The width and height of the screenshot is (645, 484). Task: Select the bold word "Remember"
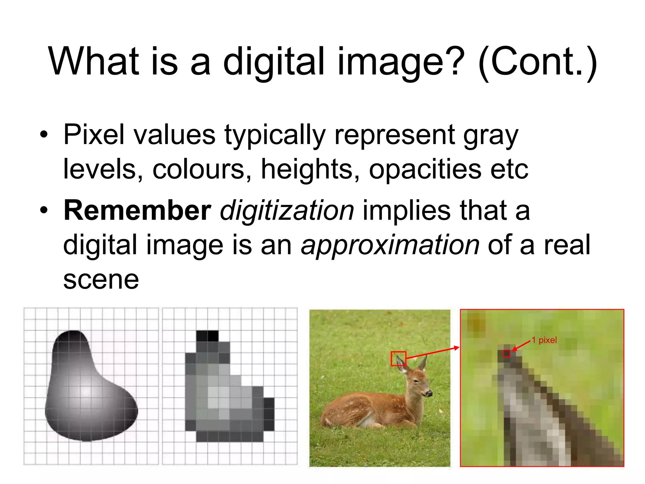pos(137,210)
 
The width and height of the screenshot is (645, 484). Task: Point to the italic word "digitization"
pos(287,210)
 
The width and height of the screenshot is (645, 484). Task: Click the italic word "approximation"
pos(390,245)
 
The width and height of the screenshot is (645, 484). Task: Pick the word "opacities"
pos(425,169)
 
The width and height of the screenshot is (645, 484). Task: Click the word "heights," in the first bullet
pos(310,169)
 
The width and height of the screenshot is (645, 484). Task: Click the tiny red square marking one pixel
pos(506,353)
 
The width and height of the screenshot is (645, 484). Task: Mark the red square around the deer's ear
pos(398,359)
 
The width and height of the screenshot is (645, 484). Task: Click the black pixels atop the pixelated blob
pos(207,336)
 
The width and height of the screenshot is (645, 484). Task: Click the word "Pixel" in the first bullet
pos(94,135)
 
